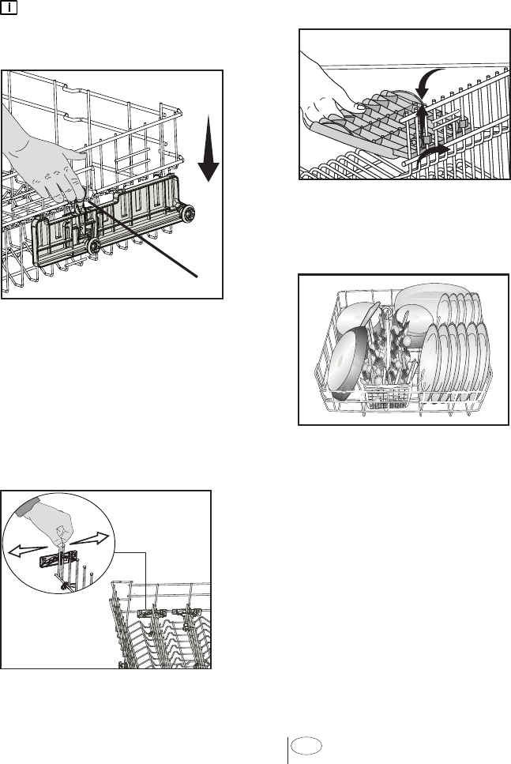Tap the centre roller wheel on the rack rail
94,247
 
